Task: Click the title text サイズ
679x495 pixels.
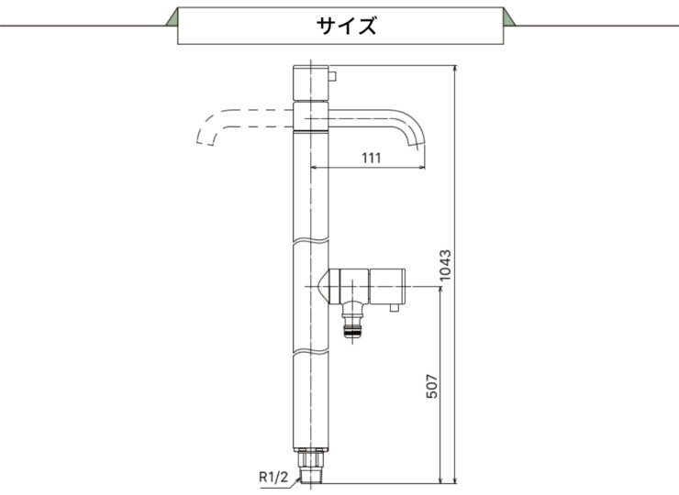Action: tap(346, 26)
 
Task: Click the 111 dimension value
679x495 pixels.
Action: tap(370, 158)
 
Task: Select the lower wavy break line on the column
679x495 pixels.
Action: tap(310, 352)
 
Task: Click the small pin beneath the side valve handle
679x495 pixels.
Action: tap(394, 312)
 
